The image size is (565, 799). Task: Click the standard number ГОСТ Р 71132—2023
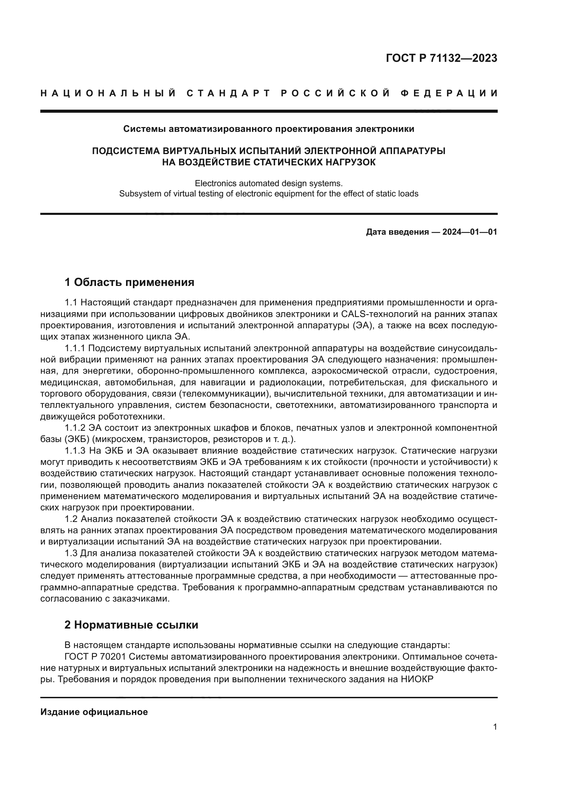[441, 58]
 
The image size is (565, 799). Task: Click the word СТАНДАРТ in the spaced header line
[229, 93]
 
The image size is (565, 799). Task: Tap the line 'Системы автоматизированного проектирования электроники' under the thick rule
[268, 129]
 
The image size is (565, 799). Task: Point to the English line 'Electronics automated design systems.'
[268, 183]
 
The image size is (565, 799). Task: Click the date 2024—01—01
[469, 232]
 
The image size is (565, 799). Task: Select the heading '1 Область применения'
[129, 282]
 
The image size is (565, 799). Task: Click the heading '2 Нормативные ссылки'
[131, 625]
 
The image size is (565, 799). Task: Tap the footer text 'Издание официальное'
[94, 712]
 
